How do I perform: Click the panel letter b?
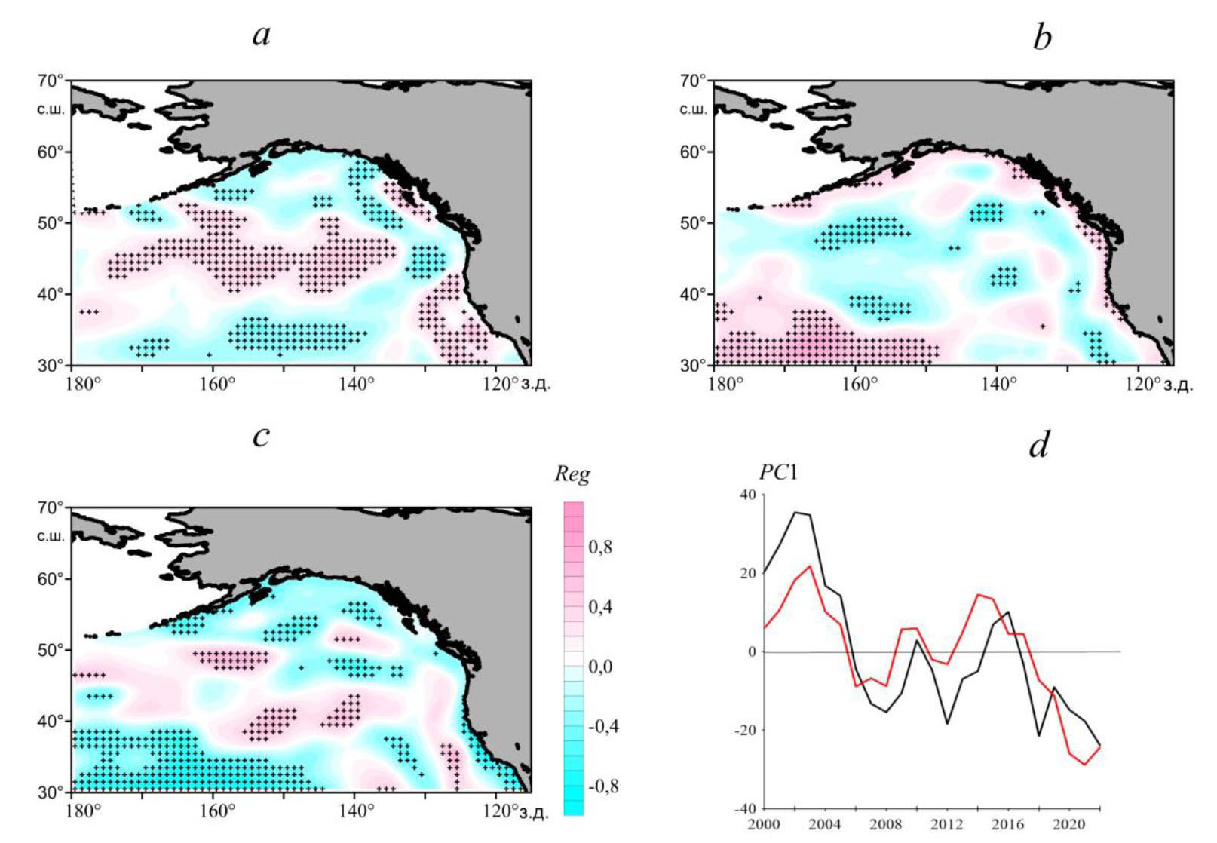[x=1042, y=37]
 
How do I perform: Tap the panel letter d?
[x=1039, y=445]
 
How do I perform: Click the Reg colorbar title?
[x=572, y=474]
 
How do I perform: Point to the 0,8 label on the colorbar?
[x=600, y=547]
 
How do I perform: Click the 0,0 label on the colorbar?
[x=600, y=667]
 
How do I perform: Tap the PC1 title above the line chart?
[x=778, y=473]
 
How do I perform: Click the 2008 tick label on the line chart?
[x=885, y=824]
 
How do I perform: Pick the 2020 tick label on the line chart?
[x=1068, y=824]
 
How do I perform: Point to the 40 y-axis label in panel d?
[x=746, y=495]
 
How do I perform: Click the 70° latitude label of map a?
[x=51, y=81]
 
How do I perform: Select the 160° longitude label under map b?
[x=859, y=385]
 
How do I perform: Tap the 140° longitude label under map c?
[x=356, y=811]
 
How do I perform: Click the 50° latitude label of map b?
[x=693, y=223]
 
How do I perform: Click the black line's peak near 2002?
[x=795, y=513]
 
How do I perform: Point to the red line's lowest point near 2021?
[x=1085, y=765]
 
